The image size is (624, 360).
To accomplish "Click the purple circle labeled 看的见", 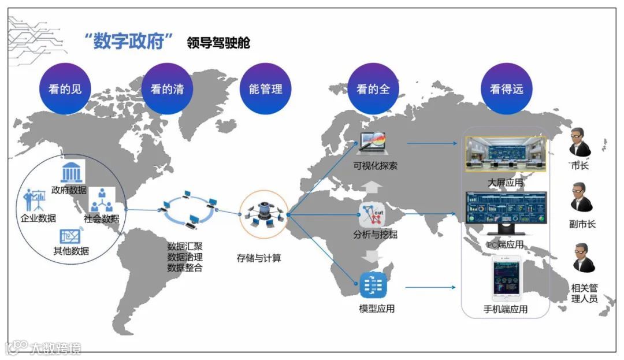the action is pos(65,89).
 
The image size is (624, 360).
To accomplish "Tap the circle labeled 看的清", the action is pos(166,89).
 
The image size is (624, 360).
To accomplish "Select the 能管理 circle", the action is pos(265,89).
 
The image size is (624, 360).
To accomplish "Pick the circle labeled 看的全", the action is pos(373,89).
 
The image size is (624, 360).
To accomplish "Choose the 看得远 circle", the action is pos(506,89).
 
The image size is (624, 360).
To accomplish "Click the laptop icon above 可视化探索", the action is pos(373,143).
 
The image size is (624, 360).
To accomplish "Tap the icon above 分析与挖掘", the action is pos(373,215).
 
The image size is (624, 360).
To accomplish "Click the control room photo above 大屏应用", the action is pos(506,154).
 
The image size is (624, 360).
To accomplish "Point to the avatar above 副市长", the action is pos(580,198).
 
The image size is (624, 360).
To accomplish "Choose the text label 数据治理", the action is pos(184,257).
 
